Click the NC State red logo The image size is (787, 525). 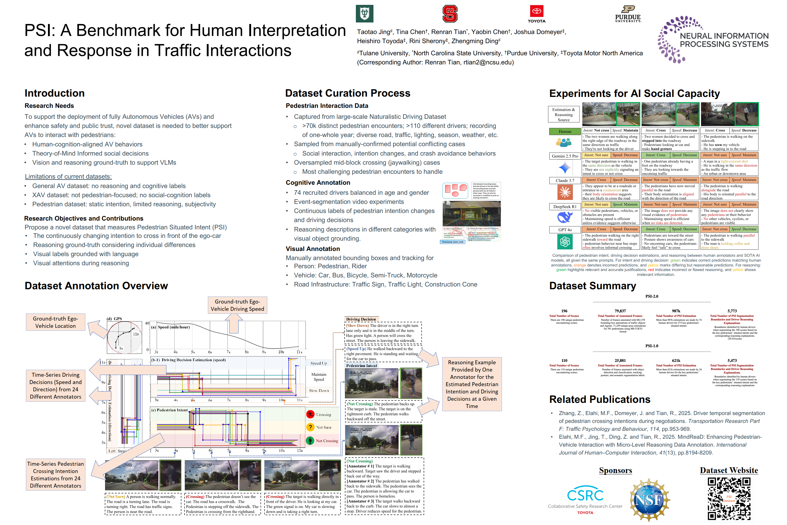[x=450, y=14]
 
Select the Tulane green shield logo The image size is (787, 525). [x=364, y=14]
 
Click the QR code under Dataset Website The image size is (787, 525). [x=729, y=499]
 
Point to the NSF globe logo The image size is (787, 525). [x=649, y=500]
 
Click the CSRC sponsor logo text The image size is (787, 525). [x=585, y=495]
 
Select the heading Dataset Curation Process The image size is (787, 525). [x=348, y=93]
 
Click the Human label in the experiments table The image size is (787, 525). [x=565, y=131]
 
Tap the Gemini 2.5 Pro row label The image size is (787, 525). [x=565, y=156]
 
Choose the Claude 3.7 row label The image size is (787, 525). [x=565, y=180]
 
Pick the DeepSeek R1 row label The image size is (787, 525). [x=565, y=207]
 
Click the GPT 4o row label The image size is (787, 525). [x=565, y=230]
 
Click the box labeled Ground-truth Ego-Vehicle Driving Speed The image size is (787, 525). [x=237, y=305]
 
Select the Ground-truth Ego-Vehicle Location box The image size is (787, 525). [x=56, y=322]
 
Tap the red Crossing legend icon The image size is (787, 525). [x=310, y=414]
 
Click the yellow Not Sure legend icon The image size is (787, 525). [x=310, y=427]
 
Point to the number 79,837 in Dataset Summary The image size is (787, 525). [x=620, y=311]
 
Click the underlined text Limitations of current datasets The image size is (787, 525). [x=68, y=177]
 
